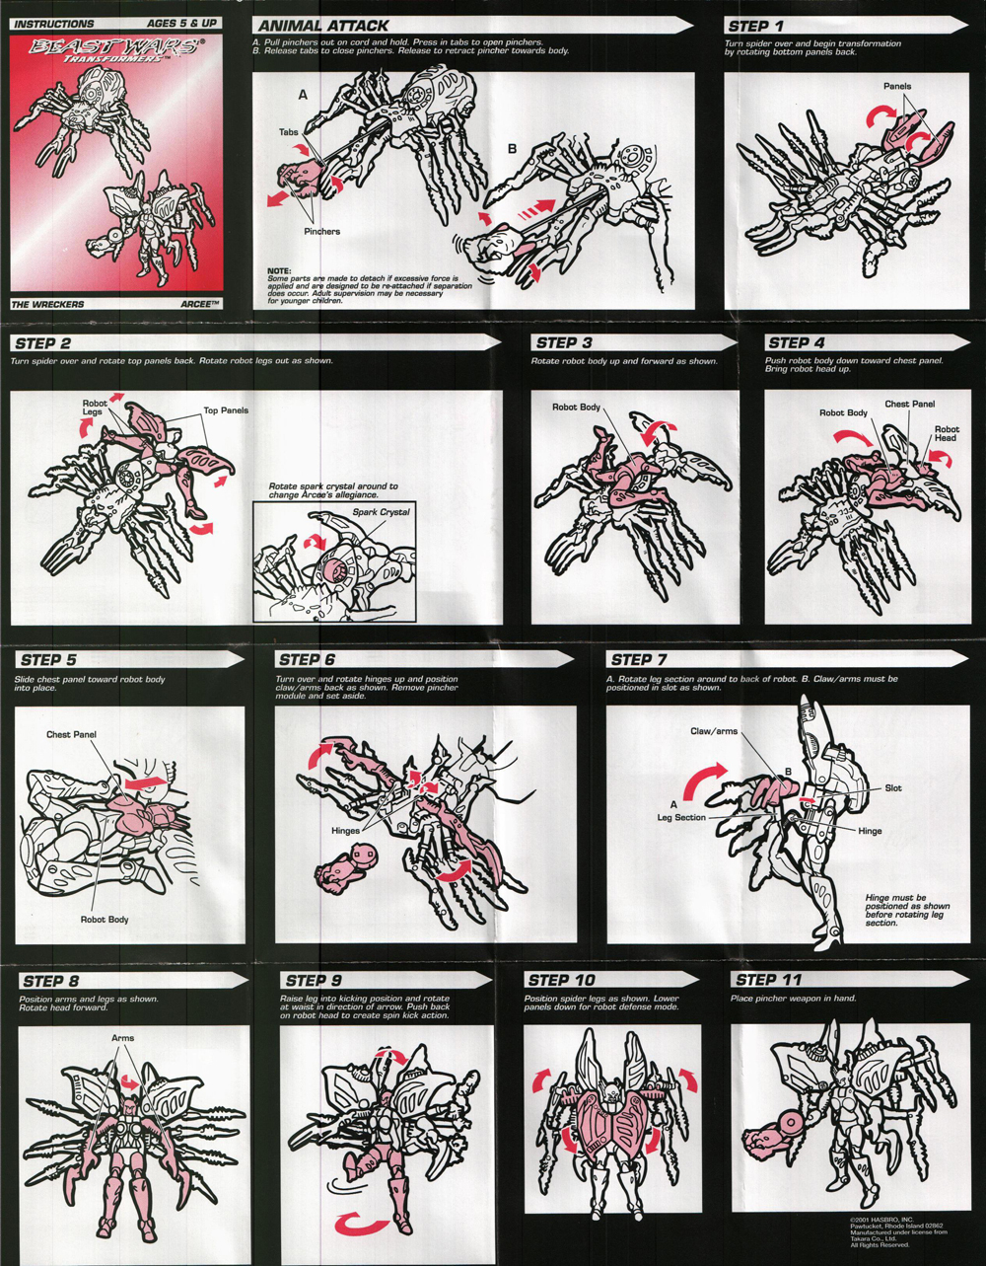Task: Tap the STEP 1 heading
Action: (755, 26)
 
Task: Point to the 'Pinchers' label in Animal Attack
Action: (321, 231)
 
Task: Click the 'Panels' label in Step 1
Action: (897, 87)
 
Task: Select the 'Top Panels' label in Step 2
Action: (226, 410)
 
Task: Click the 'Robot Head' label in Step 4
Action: (947, 435)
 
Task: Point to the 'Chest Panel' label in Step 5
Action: (72, 735)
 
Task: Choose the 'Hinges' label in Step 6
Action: (345, 831)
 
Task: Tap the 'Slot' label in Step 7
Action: (893, 788)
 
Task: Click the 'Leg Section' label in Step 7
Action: (682, 818)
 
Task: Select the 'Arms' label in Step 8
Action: (123, 1038)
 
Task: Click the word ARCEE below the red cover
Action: (193, 305)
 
